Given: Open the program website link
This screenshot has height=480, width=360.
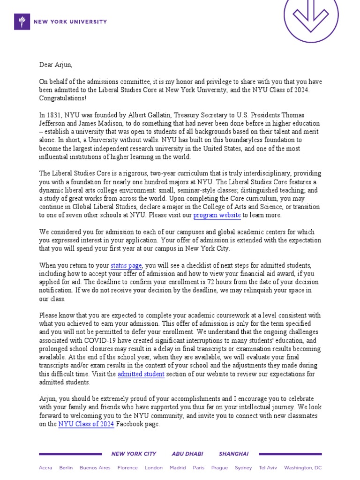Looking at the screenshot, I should (217, 216).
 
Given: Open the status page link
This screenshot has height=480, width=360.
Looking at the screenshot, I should (126, 266).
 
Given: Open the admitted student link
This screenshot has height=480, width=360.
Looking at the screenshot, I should (141, 374).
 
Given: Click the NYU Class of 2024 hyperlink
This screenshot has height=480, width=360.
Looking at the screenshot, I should (86, 424).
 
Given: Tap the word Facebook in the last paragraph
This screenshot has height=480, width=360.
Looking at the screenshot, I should (130, 424).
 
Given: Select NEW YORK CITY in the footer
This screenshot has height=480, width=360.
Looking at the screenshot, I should (134, 454).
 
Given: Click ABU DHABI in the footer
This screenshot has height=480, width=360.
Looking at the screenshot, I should (187, 454).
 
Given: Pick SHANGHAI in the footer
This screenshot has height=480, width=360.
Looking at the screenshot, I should (233, 454).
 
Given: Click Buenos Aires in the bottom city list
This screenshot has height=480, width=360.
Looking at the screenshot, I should (95, 468).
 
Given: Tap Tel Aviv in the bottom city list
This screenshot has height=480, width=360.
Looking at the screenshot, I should (268, 468).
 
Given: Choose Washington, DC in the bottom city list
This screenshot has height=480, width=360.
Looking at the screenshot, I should (303, 468).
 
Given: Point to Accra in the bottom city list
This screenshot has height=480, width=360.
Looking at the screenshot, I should (45, 468).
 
